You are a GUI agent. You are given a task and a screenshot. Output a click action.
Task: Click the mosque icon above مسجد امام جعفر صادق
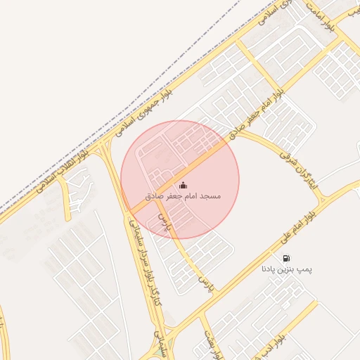click(184, 185)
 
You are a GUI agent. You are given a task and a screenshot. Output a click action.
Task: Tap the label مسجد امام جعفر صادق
click(183, 195)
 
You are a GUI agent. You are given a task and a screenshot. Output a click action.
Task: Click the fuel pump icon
click(286, 258)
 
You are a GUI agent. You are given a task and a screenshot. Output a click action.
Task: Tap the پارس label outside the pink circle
click(205, 285)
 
